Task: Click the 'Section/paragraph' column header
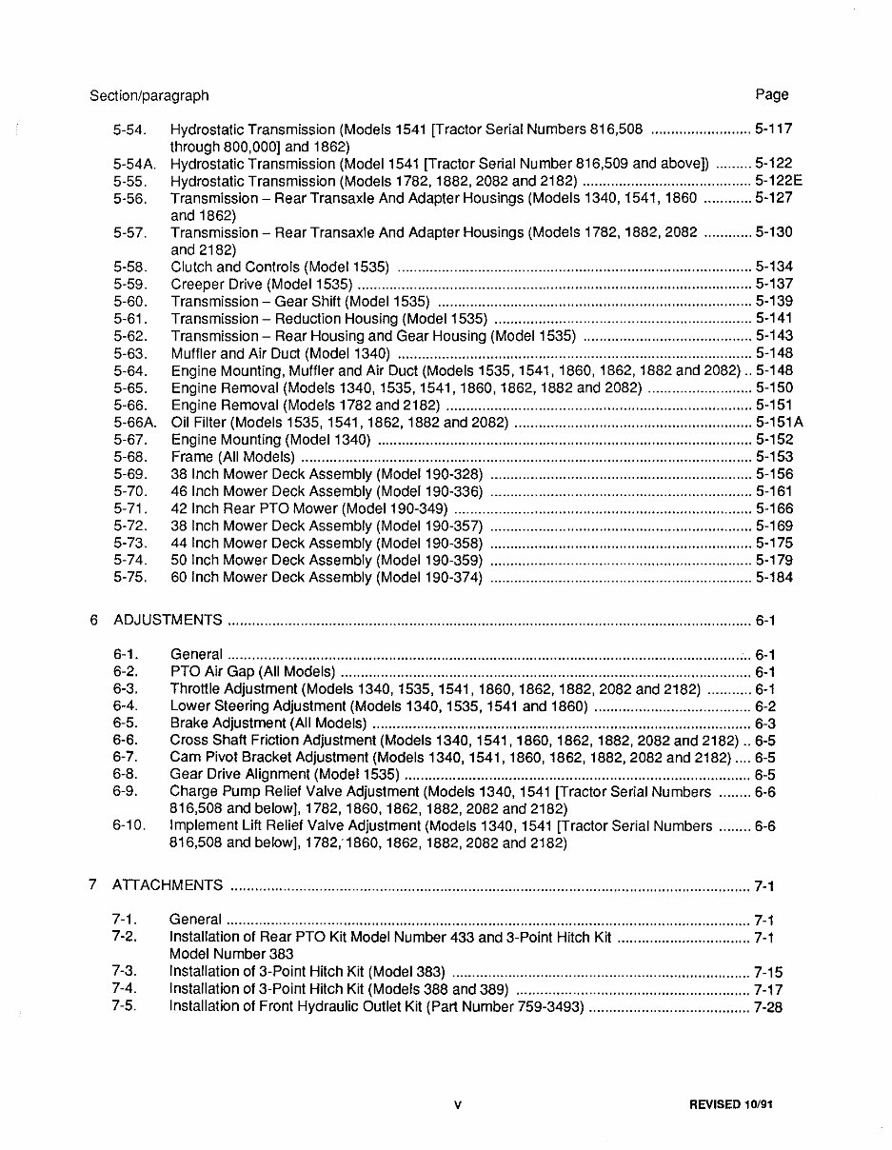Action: (x=149, y=95)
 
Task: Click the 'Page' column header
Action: (x=772, y=94)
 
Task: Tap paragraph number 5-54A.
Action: (x=133, y=164)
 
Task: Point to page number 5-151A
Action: (x=779, y=423)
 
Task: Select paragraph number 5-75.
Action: (x=129, y=578)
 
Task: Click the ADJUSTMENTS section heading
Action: (x=168, y=621)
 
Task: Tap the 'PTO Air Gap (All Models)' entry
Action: (x=252, y=672)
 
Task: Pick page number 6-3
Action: (x=765, y=724)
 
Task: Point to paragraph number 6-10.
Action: (x=129, y=826)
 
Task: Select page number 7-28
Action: (x=767, y=1006)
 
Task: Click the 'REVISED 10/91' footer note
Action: (x=738, y=1105)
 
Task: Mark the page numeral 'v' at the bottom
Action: (x=458, y=1106)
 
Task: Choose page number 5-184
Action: (x=774, y=578)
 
